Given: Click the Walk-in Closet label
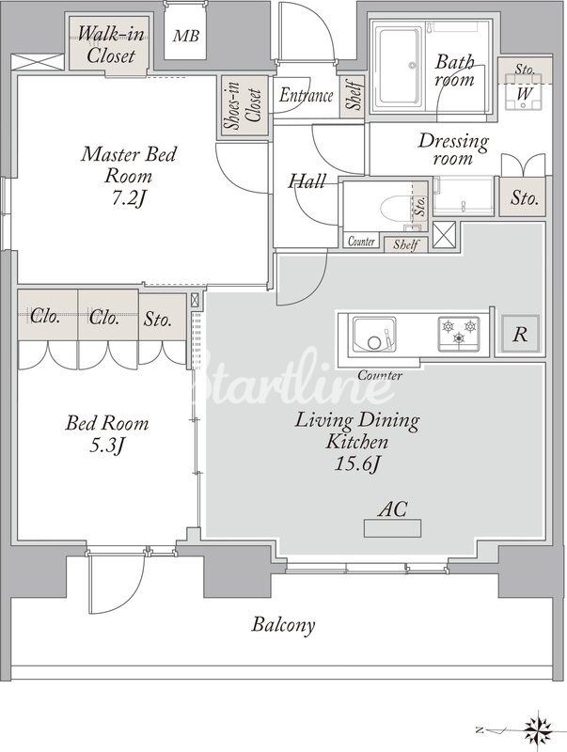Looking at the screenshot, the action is click(111, 44).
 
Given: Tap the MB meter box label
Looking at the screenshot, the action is click(186, 36).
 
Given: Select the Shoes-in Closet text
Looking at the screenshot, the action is click(244, 107).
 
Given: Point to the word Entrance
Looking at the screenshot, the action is click(306, 95).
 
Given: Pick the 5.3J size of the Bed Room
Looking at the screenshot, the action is click(107, 446).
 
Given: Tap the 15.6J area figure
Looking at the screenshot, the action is click(357, 463).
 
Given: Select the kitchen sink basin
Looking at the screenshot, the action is click(374, 334).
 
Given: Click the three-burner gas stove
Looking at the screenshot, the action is click(459, 333).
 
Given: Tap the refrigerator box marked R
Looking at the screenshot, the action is click(521, 334).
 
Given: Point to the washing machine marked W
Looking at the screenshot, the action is click(524, 92).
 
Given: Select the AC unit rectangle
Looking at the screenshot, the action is click(392, 528).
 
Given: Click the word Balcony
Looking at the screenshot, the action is click(284, 625).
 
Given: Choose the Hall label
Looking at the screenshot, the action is click(307, 181).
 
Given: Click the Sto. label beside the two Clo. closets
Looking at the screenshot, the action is click(157, 319).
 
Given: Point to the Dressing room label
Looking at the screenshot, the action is click(453, 149).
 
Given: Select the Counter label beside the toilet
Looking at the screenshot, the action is click(361, 241).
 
